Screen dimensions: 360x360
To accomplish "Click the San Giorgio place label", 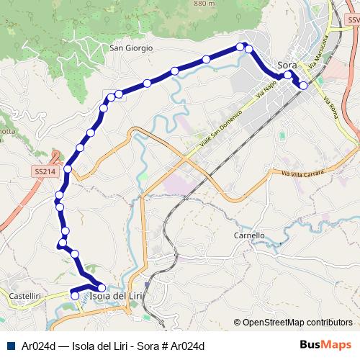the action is coord(131,48).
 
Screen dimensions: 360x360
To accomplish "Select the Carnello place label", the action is coord(250,235).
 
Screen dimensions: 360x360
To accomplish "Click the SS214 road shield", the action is coord(45,172).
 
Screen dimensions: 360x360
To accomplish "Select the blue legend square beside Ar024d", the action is coord(9,346).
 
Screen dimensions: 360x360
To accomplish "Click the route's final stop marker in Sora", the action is coord(303,85).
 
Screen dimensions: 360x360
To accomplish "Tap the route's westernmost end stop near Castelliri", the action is coord(75,294).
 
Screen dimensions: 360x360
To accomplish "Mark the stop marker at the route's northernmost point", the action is coord(240,47).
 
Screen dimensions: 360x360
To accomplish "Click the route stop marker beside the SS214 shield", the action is coord(68,169).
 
